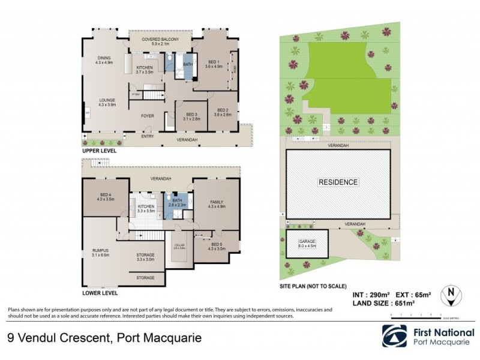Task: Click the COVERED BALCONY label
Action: pos(160,40)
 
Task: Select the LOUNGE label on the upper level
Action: pos(107,100)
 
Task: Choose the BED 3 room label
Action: pos(191,114)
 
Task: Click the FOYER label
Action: pos(148,115)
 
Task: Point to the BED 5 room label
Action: pos(216,245)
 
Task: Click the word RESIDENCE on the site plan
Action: pos(338,182)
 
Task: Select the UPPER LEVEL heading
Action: pos(100,151)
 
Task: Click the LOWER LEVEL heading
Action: pos(100,293)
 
